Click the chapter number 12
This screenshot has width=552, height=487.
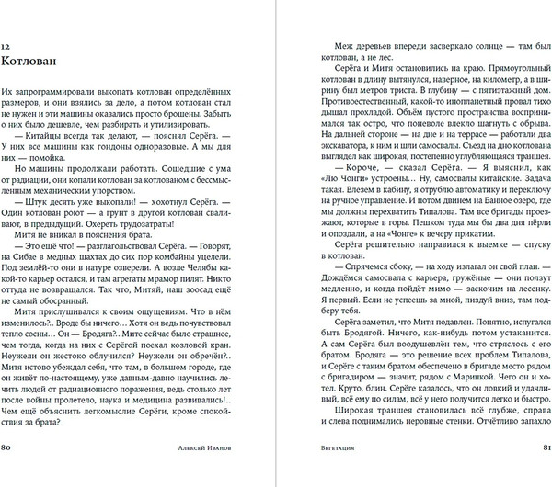8,47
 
